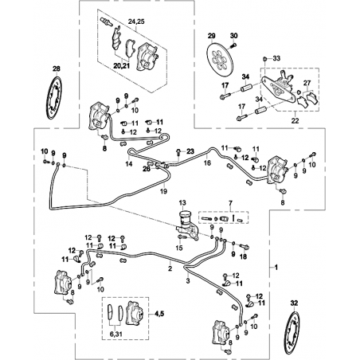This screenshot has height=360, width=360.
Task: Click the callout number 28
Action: [57, 69]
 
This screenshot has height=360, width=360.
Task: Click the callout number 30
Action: [234, 36]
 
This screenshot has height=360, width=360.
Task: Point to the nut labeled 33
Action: [265, 58]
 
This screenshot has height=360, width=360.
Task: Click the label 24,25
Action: [136, 22]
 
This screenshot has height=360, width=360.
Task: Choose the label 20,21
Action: [122, 65]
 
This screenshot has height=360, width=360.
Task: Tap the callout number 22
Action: [295, 121]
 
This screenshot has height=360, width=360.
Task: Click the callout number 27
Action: [307, 84]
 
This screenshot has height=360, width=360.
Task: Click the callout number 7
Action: [230, 203]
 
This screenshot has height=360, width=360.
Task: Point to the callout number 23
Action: [190, 151]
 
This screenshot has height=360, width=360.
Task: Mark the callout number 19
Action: [164, 191]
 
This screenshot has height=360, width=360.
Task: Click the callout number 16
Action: [207, 162]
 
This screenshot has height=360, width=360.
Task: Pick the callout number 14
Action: [129, 164]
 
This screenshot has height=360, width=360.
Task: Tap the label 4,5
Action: [158, 314]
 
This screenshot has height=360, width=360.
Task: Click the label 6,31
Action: [115, 335]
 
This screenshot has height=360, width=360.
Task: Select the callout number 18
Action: [243, 256]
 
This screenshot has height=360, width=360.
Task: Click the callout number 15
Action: [179, 248]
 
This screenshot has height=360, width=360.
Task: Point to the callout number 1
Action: [276, 268]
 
